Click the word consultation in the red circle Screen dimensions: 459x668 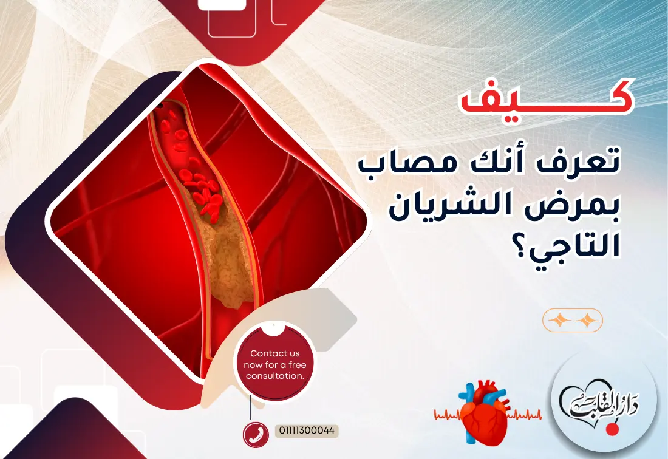pos(274,376)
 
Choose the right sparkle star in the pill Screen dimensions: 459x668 pos(587,320)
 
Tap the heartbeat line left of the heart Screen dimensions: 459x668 pos(448,416)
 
